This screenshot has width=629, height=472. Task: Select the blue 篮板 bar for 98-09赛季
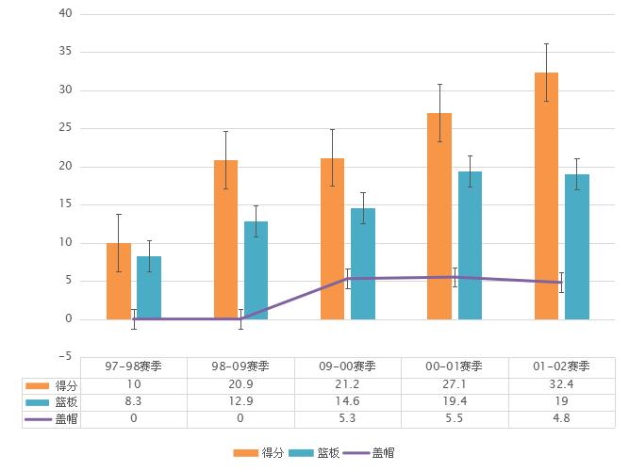click(256, 270)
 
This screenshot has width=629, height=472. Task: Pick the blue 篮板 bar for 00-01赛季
click(470, 245)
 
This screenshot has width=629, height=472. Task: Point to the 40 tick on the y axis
click(65, 14)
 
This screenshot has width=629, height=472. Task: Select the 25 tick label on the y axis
click(65, 128)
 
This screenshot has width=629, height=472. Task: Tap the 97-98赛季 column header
click(133, 366)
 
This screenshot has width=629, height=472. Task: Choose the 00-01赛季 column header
click(455, 366)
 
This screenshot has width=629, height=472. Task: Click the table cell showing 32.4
click(561, 385)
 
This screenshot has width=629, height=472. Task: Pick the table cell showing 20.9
click(240, 385)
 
